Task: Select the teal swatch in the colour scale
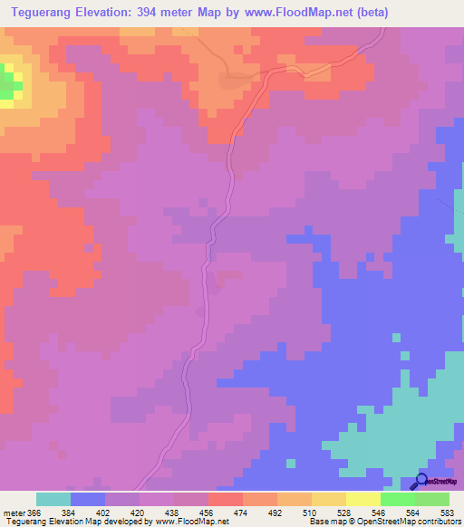pos(53,499)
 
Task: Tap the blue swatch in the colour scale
pos(88,499)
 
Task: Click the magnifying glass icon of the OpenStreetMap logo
pos(421,483)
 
